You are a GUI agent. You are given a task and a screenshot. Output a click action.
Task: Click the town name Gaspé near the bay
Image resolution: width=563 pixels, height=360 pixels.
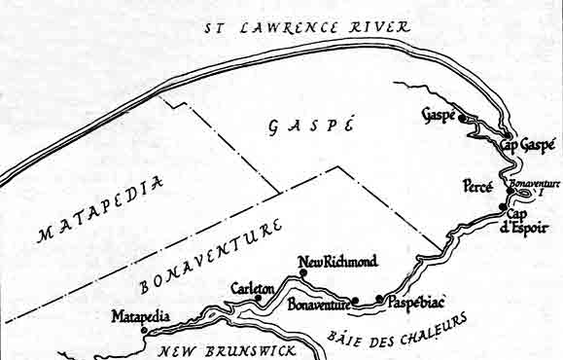click(x=440, y=115)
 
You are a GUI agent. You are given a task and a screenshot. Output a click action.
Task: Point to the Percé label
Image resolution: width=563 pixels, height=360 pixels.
click(x=477, y=184)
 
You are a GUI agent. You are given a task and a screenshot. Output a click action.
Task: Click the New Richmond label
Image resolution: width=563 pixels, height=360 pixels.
click(x=337, y=262)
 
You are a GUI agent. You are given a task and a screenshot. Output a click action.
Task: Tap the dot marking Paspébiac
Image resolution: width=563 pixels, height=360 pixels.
click(x=379, y=300)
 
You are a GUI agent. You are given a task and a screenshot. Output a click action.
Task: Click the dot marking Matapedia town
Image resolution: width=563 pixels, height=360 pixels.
click(x=145, y=330)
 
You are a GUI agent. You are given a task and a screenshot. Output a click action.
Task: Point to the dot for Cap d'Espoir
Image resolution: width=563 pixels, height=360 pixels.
click(x=502, y=207)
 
